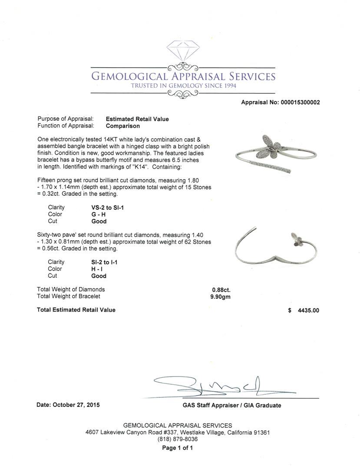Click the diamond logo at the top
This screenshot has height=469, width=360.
[x=183, y=53]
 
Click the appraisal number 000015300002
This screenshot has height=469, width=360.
[x=299, y=102]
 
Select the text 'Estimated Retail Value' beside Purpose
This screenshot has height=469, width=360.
[x=137, y=119]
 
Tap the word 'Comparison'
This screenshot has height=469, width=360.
[x=123, y=126]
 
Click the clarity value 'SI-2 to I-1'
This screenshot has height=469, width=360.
[x=102, y=262]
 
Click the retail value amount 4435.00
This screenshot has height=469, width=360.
[x=308, y=310]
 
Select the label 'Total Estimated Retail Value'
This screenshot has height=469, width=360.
[x=76, y=310]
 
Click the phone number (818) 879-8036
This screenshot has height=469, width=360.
[x=178, y=439]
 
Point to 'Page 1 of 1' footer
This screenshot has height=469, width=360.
[x=178, y=448]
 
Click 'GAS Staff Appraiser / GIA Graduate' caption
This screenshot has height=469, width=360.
[x=232, y=406]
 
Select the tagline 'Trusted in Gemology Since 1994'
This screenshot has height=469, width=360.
[x=183, y=86]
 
